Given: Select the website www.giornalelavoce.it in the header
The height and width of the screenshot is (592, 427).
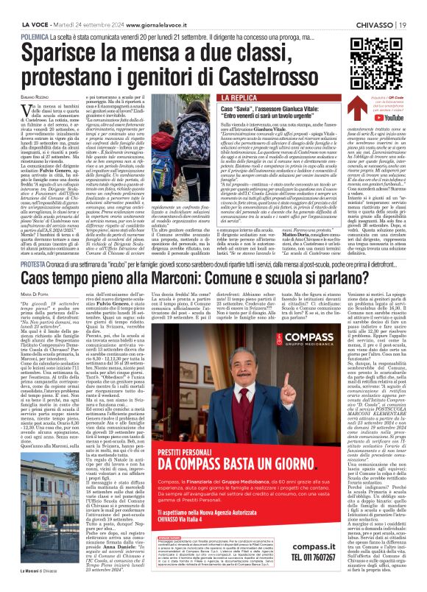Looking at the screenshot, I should coord(124,7).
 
